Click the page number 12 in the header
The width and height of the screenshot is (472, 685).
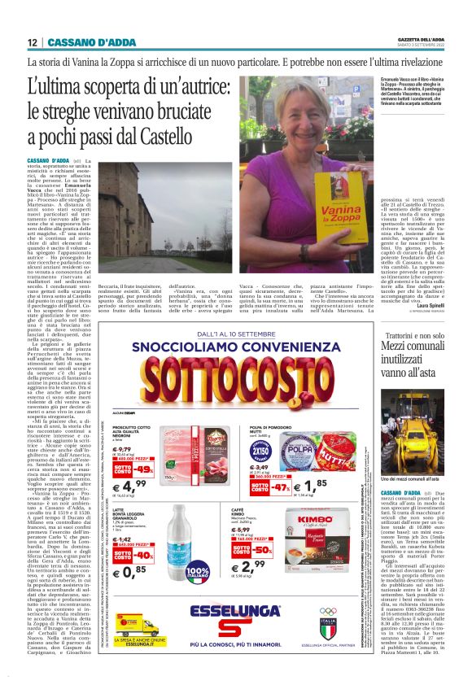[32, 41]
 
